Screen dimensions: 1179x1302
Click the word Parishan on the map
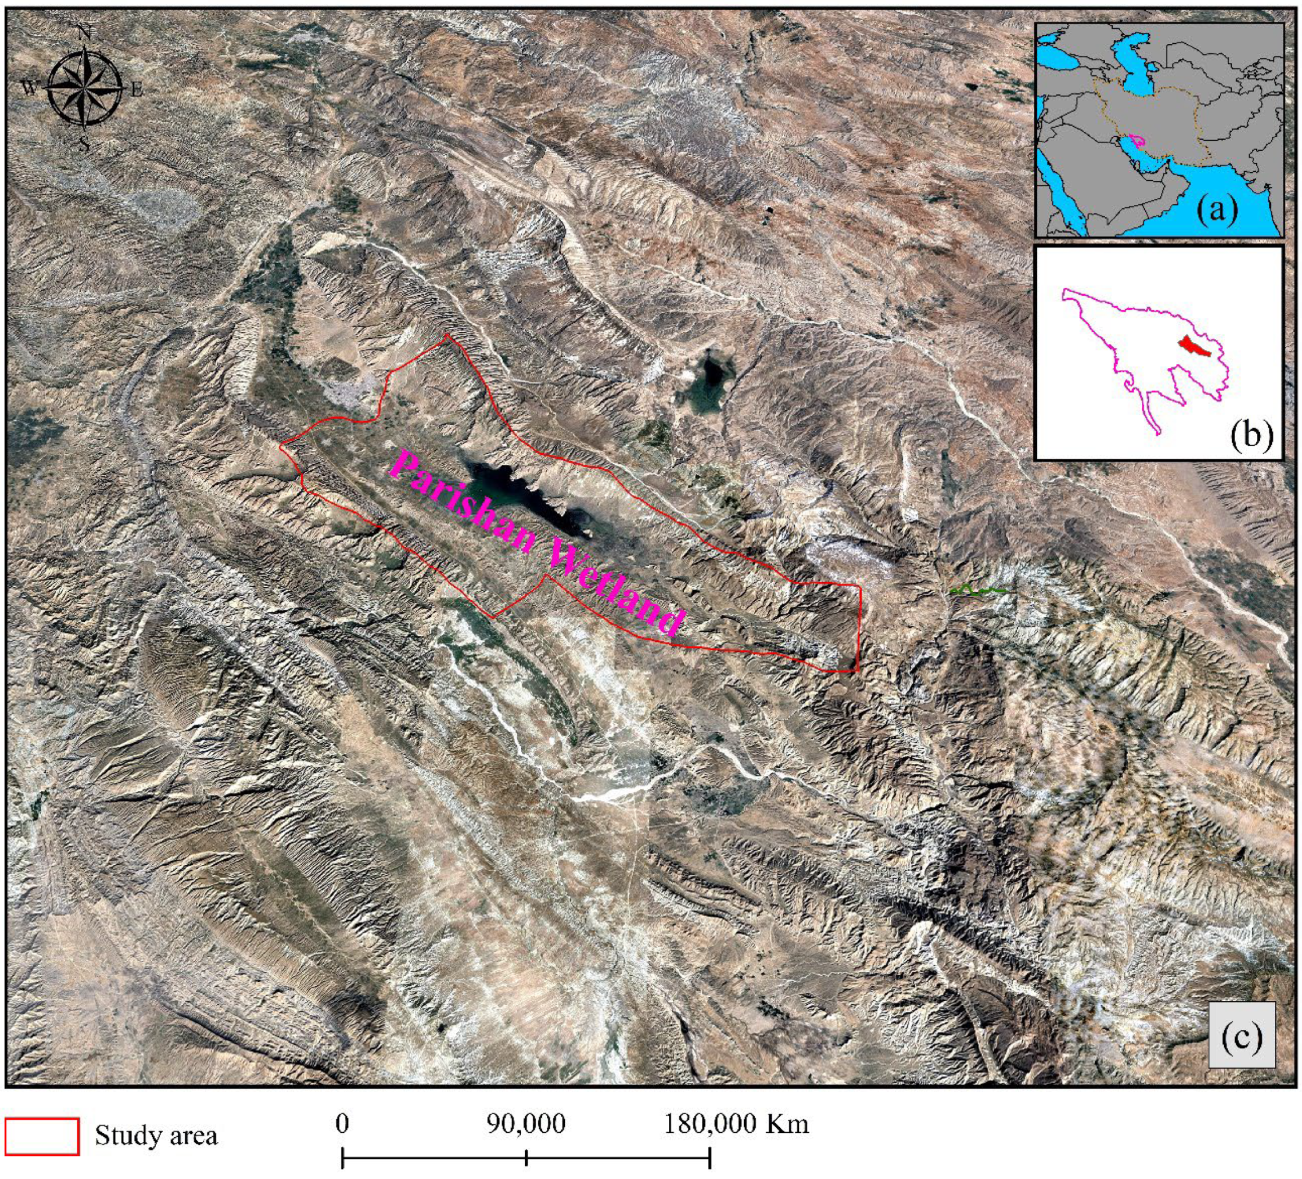(462, 501)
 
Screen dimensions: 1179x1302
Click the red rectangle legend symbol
(43, 1136)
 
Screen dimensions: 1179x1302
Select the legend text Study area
(157, 1136)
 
